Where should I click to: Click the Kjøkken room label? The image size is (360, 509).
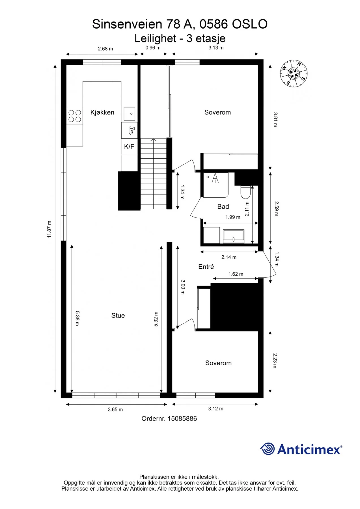[x=102, y=112]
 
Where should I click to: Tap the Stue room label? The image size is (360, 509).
[x=118, y=316]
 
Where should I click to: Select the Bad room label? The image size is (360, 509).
[x=223, y=207]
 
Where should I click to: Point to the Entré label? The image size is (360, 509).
[x=206, y=267]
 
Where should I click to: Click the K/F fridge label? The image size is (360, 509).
[x=129, y=146]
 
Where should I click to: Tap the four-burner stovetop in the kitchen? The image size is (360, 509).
[x=75, y=116]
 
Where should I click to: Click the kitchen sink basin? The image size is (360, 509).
[x=130, y=114]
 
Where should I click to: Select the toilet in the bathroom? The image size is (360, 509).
[x=245, y=192]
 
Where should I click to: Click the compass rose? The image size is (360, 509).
[x=294, y=74]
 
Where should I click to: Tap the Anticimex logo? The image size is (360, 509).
[x=301, y=449]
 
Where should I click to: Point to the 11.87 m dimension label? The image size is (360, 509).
[x=49, y=229]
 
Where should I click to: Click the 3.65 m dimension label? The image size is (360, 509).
[x=115, y=409]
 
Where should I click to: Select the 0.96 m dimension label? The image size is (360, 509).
[x=153, y=48]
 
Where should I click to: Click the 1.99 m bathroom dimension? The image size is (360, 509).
[x=233, y=217]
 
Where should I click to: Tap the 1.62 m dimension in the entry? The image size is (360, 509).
[x=236, y=274]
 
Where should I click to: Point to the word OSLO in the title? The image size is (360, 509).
[x=249, y=24]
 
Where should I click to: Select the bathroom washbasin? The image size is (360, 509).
[x=234, y=236]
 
